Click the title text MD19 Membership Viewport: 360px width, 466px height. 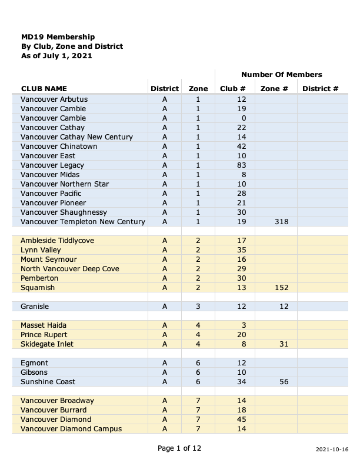(58, 36)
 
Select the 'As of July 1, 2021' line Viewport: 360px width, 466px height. (56, 56)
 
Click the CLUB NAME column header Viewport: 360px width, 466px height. (48, 89)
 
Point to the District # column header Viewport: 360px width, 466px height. (320, 89)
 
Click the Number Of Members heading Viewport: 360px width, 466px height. (281, 75)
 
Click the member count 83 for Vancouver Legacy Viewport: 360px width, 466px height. (241, 165)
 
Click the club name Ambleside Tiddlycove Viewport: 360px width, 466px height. (57, 241)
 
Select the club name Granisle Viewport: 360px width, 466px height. (35, 307)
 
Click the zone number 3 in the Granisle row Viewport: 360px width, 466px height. (198, 307)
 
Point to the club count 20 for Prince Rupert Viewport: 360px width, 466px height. (241, 335)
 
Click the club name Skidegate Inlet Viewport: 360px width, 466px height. (47, 344)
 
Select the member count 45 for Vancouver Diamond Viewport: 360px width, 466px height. (241, 420)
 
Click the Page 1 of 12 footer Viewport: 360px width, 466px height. (179, 448)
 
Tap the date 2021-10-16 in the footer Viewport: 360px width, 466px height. (332, 450)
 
